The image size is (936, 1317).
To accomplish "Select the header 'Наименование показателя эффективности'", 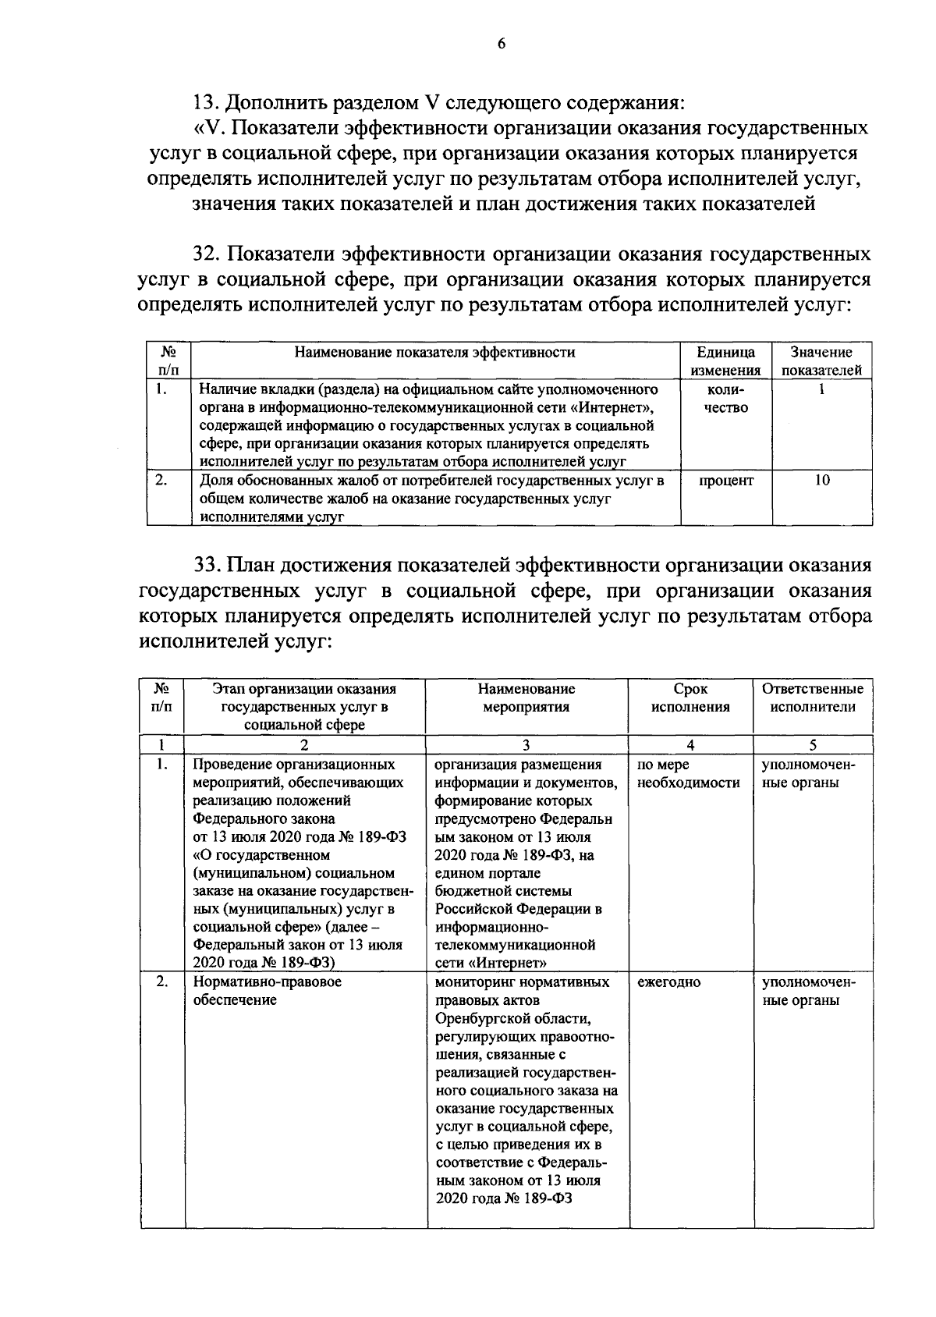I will pyautogui.click(x=434, y=353).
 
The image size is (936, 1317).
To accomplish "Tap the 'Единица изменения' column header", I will pyautogui.click(x=725, y=361).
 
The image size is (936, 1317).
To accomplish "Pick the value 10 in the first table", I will pyautogui.click(x=821, y=481).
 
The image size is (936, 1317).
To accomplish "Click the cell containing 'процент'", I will pyautogui.click(x=725, y=481).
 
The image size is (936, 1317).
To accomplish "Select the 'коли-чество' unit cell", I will pyautogui.click(x=725, y=398).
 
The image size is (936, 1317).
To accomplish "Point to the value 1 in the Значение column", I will pyautogui.click(x=821, y=389).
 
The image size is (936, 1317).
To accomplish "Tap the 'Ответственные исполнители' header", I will pyautogui.click(x=812, y=698).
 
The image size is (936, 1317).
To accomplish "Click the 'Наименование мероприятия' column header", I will pyautogui.click(x=526, y=698).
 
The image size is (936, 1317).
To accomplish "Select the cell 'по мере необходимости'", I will pyautogui.click(x=688, y=774).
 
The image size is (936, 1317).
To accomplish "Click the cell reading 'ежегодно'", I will pyautogui.click(x=668, y=982).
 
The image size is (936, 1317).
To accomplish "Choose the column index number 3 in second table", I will pyautogui.click(x=526, y=744).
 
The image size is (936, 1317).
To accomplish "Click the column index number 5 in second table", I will pyautogui.click(x=812, y=744).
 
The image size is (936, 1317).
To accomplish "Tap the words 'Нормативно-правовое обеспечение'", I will pyautogui.click(x=267, y=991).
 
